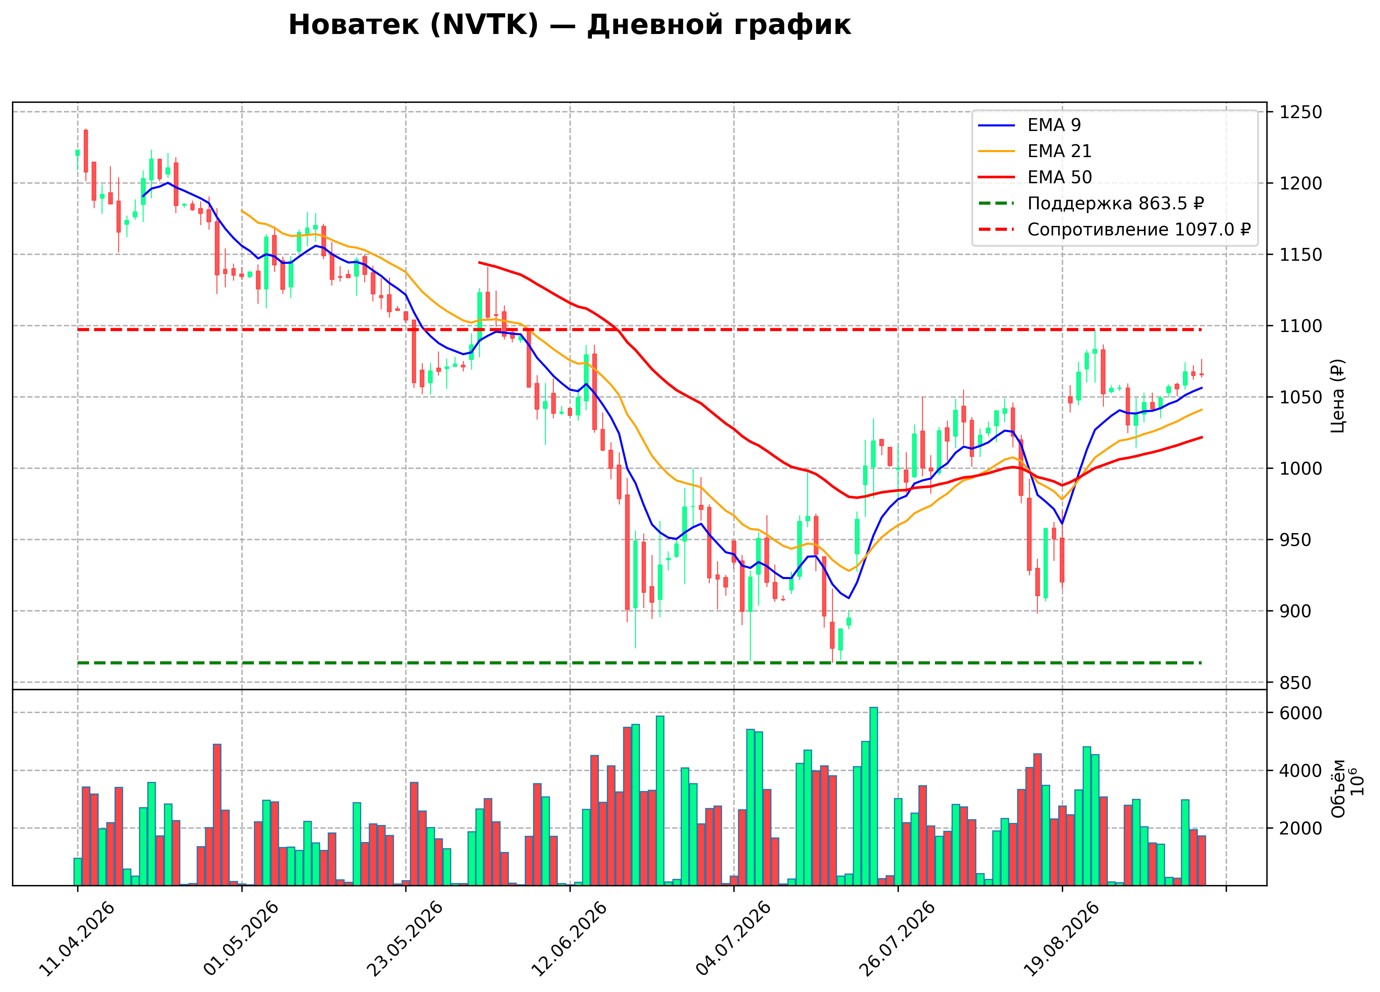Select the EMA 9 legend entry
[1030, 125]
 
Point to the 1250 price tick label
[1301, 112]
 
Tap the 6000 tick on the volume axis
[1301, 713]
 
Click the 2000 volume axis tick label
[1301, 828]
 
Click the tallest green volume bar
[874, 796]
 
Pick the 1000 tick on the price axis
[1301, 469]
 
